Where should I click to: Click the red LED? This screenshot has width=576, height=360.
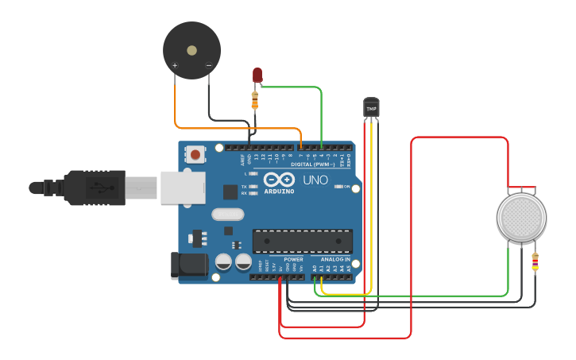[x=257, y=75]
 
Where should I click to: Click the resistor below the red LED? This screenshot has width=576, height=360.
[x=255, y=100]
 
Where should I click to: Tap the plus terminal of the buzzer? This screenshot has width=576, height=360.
[x=175, y=65]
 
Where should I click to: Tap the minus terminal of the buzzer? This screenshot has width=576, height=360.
[x=209, y=65]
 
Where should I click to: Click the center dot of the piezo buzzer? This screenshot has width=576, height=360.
[x=191, y=50]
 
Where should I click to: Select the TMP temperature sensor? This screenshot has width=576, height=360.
[x=371, y=106]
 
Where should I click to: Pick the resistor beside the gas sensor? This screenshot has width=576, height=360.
[x=535, y=261]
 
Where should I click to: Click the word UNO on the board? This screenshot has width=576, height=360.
[x=315, y=180]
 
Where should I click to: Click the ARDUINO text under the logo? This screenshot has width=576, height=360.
[x=279, y=192]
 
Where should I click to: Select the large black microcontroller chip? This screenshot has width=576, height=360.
[x=302, y=241]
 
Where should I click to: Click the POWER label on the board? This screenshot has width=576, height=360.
[x=293, y=260]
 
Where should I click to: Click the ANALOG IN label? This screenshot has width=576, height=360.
[x=335, y=260]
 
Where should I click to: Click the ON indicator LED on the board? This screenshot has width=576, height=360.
[x=339, y=186]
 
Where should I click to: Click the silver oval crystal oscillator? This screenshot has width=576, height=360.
[x=229, y=214]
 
